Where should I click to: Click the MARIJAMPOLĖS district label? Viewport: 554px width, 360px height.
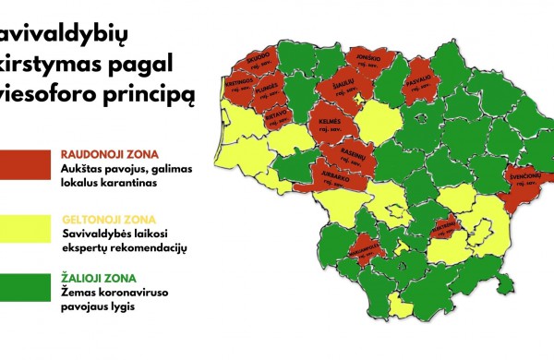366,249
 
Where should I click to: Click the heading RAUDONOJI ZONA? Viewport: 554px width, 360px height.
110,152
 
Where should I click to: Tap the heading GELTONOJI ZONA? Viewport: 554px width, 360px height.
109,220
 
